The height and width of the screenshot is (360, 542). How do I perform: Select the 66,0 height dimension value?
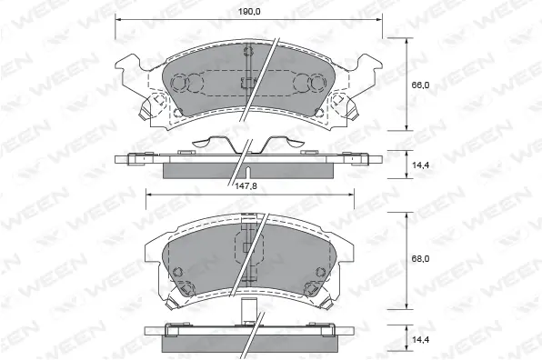point(420,84)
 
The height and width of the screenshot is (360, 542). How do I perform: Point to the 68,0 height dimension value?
point(420,258)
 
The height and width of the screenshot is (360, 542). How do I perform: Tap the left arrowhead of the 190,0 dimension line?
point(118,18)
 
